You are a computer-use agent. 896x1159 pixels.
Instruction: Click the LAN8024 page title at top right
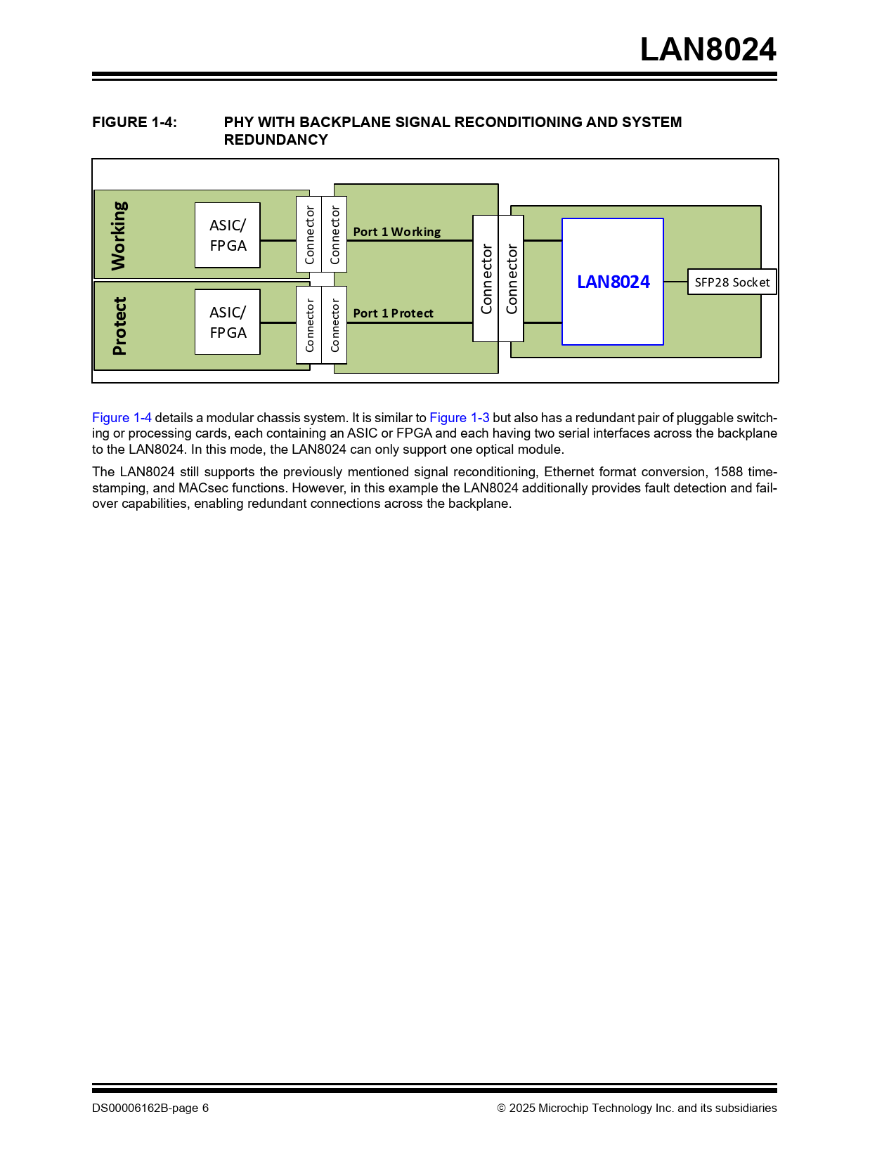(708, 50)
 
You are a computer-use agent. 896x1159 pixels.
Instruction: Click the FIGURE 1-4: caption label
(134, 122)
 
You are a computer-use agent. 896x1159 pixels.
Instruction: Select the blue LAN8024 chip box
(613, 282)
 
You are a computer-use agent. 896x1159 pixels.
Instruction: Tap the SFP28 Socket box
(732, 282)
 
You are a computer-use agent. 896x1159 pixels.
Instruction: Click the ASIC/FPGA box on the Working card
(228, 235)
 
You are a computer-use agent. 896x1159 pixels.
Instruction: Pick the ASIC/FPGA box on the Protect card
(228, 322)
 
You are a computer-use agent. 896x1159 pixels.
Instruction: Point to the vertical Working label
(119, 236)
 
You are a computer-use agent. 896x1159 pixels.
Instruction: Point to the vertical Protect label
(120, 326)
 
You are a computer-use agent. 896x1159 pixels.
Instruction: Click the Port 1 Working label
(396, 232)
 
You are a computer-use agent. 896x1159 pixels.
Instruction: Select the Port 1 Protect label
(393, 313)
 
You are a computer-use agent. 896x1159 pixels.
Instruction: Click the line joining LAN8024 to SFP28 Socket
(675, 282)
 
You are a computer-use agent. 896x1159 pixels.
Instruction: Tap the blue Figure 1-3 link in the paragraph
(459, 418)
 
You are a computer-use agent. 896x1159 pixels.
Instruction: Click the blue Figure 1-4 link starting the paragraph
(122, 418)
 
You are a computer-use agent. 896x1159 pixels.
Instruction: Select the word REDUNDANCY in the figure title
(275, 140)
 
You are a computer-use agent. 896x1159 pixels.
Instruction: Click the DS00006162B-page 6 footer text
(150, 1108)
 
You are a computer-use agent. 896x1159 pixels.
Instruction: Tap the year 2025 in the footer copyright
(522, 1108)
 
